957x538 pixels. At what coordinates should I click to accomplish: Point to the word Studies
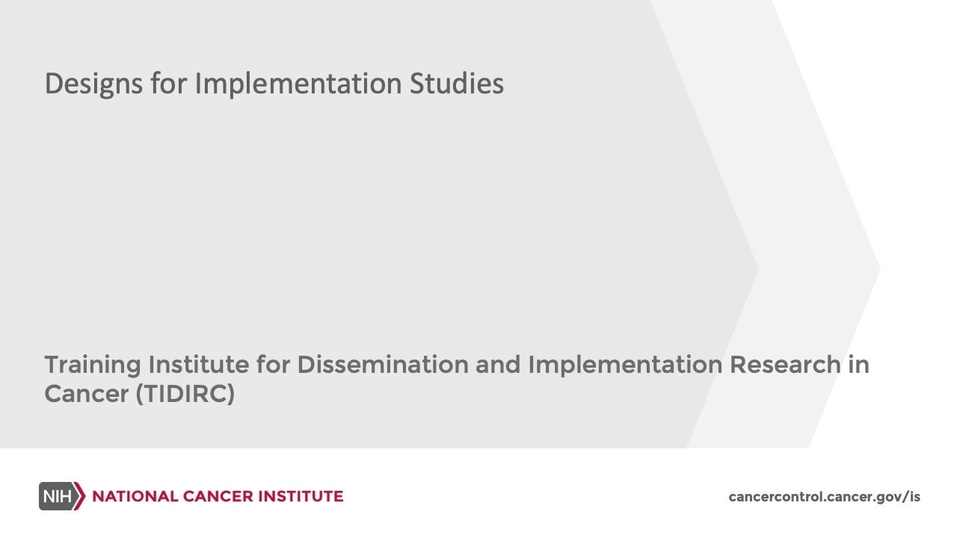pos(456,84)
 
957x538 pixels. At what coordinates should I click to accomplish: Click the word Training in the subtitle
pos(92,365)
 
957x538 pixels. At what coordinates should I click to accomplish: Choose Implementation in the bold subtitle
pos(625,365)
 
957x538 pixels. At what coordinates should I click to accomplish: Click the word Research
pos(785,365)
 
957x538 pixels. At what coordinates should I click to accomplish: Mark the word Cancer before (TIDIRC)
pos(86,394)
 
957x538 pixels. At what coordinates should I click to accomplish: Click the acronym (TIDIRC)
pos(185,394)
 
